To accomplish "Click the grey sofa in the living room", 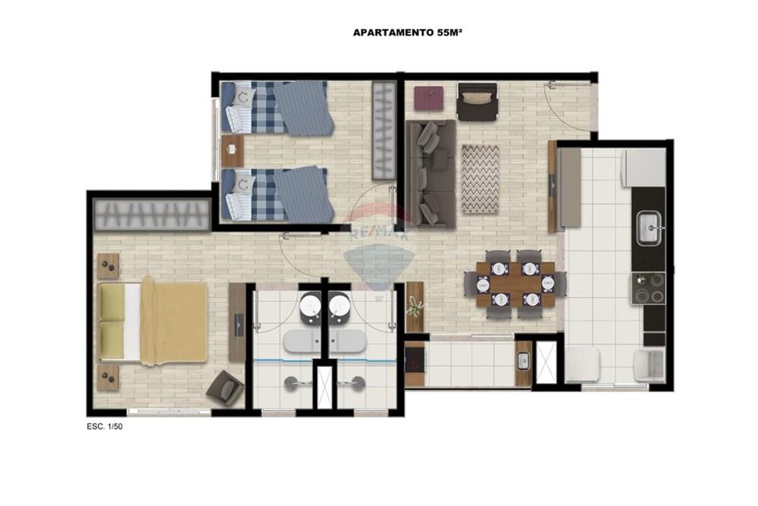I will (x=431, y=174).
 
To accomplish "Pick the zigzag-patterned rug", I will (x=480, y=178).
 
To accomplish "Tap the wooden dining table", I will (x=515, y=284).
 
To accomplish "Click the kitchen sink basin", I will (x=649, y=229).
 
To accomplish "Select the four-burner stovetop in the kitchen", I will (x=648, y=289).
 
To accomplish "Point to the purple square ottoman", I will (x=429, y=98).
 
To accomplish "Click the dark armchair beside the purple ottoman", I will (x=477, y=101).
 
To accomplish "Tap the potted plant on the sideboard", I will (x=415, y=305).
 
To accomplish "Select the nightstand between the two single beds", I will (x=232, y=151).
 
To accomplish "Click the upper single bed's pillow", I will (x=242, y=96).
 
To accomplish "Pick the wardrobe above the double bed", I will (x=152, y=215).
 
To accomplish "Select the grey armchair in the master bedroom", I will (x=225, y=388).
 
